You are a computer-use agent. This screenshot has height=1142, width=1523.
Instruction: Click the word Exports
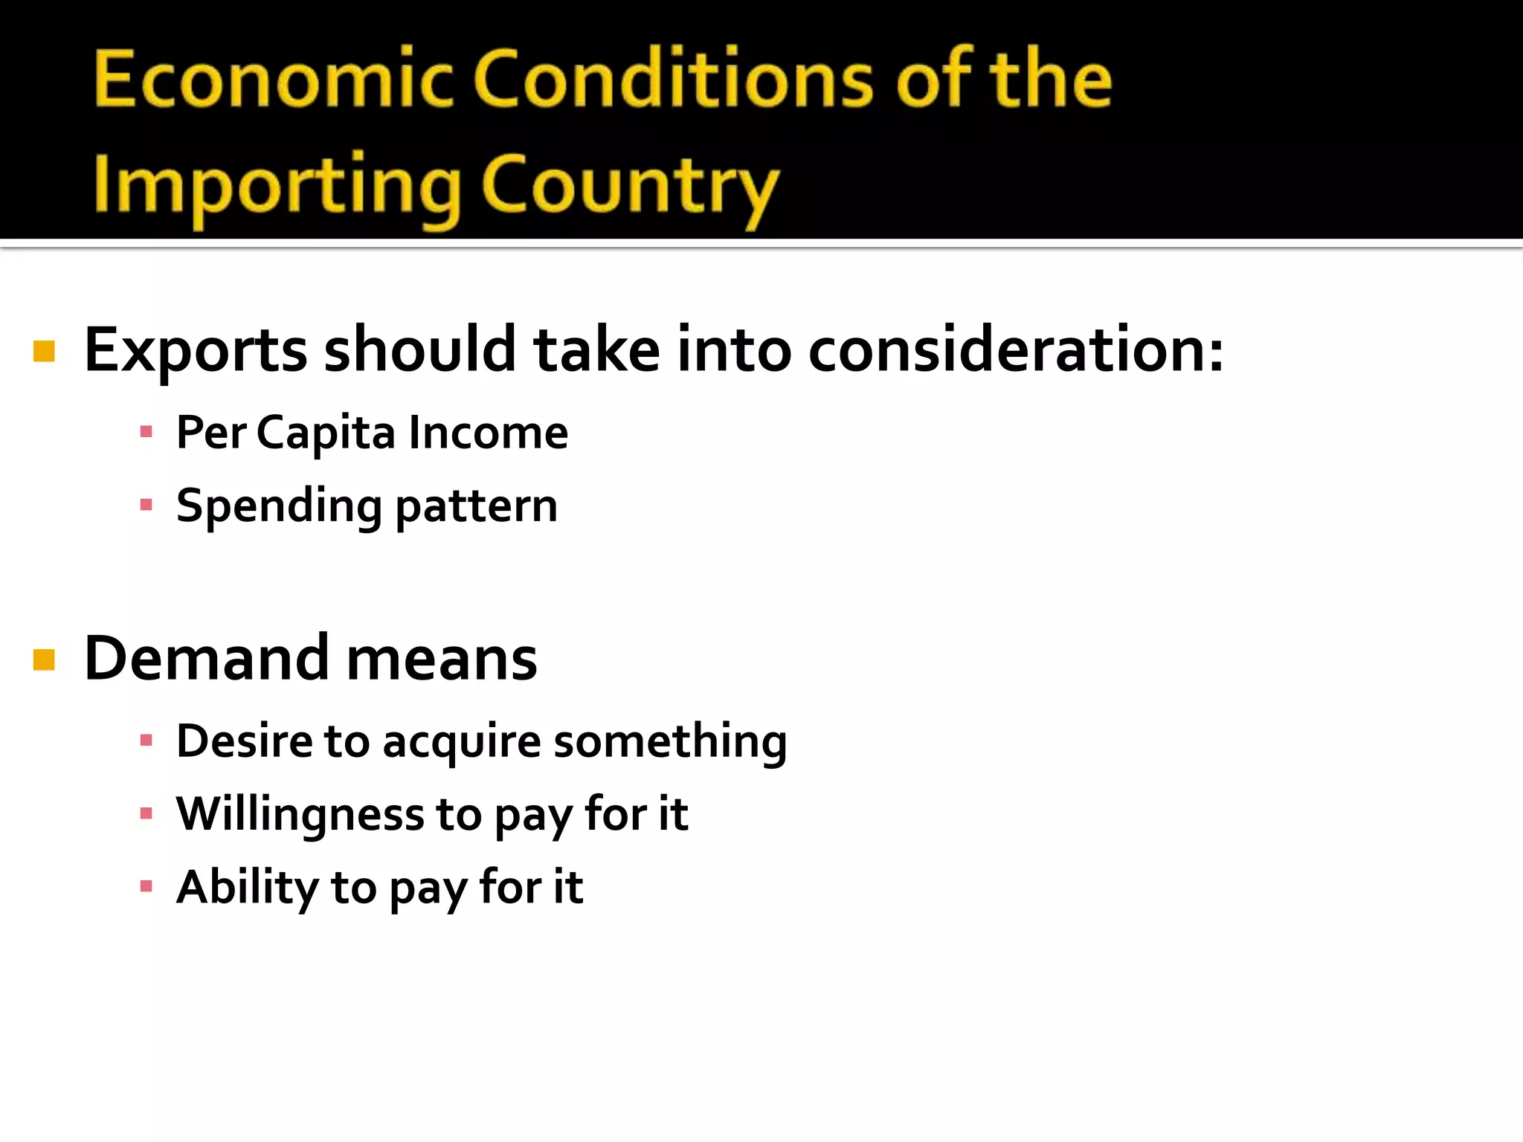[x=196, y=350]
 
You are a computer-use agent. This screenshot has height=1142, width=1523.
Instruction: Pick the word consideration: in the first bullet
[x=1015, y=350]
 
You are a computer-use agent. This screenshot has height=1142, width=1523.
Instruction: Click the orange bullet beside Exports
[x=45, y=351]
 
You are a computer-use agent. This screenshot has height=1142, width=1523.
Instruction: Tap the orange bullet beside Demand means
[x=45, y=659]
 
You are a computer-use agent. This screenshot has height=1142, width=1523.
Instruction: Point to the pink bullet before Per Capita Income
[x=146, y=432]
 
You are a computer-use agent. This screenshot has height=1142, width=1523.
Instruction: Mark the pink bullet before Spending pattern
[x=146, y=506]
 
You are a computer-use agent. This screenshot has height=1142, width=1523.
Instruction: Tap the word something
[x=670, y=741]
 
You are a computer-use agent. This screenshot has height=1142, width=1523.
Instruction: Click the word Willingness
[x=300, y=815]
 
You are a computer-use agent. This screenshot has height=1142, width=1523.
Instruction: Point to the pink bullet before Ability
[x=146, y=886]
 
